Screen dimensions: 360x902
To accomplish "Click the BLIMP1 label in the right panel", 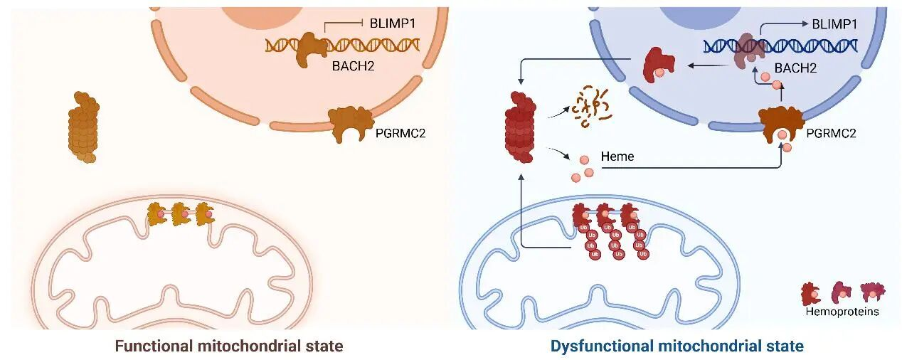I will (834, 23).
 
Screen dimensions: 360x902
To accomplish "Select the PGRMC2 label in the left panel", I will (400, 132).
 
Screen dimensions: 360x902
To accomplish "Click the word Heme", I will (617, 156).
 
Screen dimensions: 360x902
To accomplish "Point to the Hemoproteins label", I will (842, 312).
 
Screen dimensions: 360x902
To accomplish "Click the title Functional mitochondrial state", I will (229, 346).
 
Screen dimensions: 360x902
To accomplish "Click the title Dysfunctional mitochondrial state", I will (676, 346).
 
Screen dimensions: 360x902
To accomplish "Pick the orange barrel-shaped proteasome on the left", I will (83, 127).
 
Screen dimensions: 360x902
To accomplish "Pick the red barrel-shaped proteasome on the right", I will (523, 127).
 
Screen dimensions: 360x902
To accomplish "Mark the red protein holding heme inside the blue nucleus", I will (660, 65).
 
